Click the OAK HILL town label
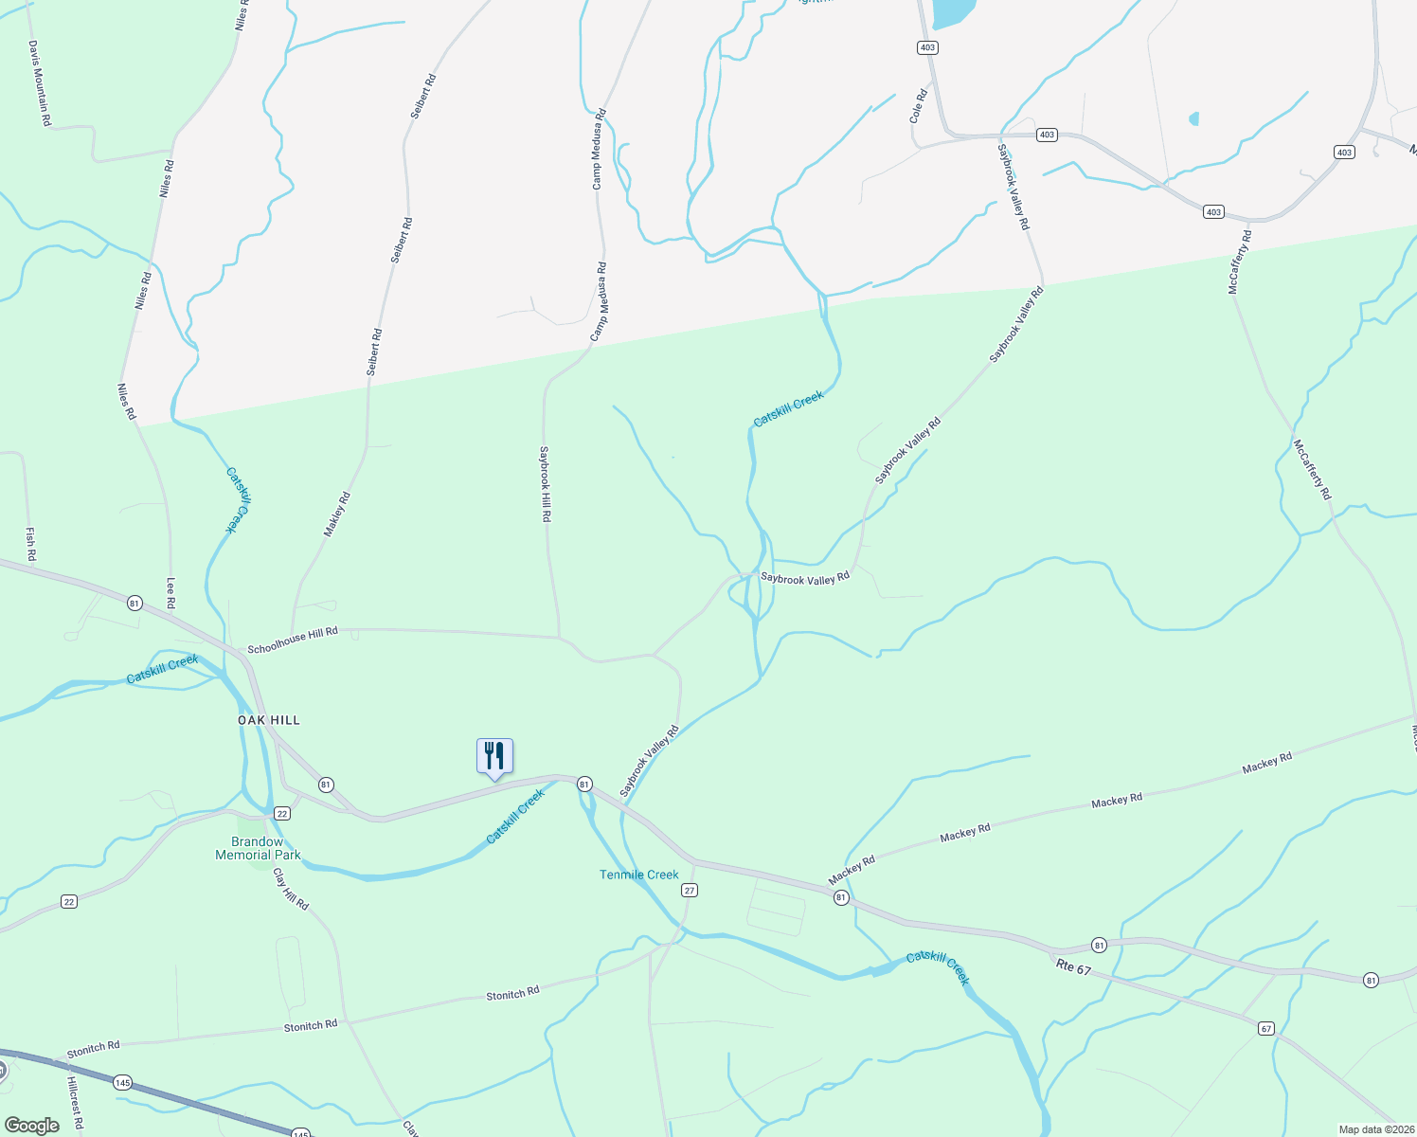(268, 720)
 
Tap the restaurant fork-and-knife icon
(494, 756)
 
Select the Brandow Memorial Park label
(258, 848)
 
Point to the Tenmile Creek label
(638, 875)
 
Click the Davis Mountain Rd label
(39, 82)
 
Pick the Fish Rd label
(30, 543)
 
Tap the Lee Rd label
(171, 593)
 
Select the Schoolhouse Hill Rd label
(293, 641)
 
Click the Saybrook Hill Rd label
(545, 484)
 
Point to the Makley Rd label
(337, 514)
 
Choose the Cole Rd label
(917, 106)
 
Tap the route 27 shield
(690, 890)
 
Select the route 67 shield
(1266, 1028)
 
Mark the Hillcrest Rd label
(75, 1104)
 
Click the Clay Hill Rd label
(291, 889)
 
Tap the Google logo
(31, 1125)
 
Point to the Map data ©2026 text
(1375, 1129)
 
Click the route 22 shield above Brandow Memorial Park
(282, 814)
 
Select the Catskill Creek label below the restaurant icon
(515, 817)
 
